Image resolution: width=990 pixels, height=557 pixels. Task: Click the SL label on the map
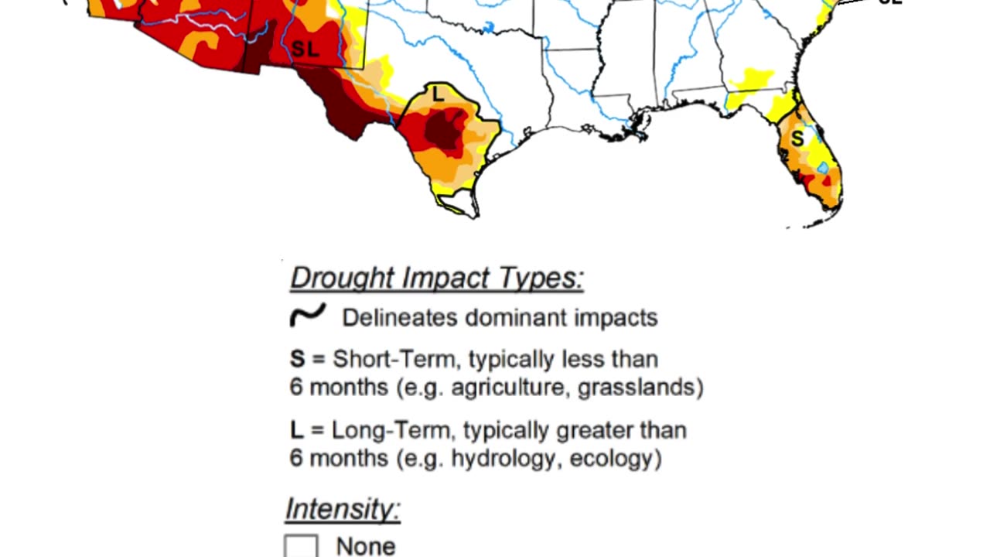[306, 49]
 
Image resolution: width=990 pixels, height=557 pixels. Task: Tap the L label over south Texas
[438, 95]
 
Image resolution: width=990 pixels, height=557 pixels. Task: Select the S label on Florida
[797, 138]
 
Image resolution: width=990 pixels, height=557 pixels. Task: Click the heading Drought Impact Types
[437, 278]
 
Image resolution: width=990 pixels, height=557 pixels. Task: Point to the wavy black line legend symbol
[307, 316]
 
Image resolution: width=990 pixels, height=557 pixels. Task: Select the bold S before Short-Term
[298, 359]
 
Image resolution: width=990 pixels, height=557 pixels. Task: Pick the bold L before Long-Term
[296, 430]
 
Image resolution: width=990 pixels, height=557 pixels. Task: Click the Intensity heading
[343, 510]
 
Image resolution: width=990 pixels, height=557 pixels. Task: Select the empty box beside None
[301, 546]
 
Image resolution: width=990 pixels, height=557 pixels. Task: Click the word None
[366, 546]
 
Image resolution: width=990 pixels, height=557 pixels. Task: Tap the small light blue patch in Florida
[823, 167]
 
